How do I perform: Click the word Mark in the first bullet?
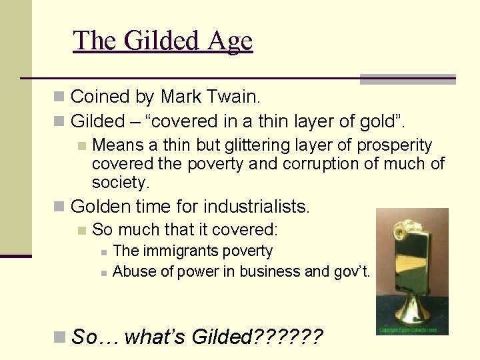click(179, 97)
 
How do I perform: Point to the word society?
click(118, 182)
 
